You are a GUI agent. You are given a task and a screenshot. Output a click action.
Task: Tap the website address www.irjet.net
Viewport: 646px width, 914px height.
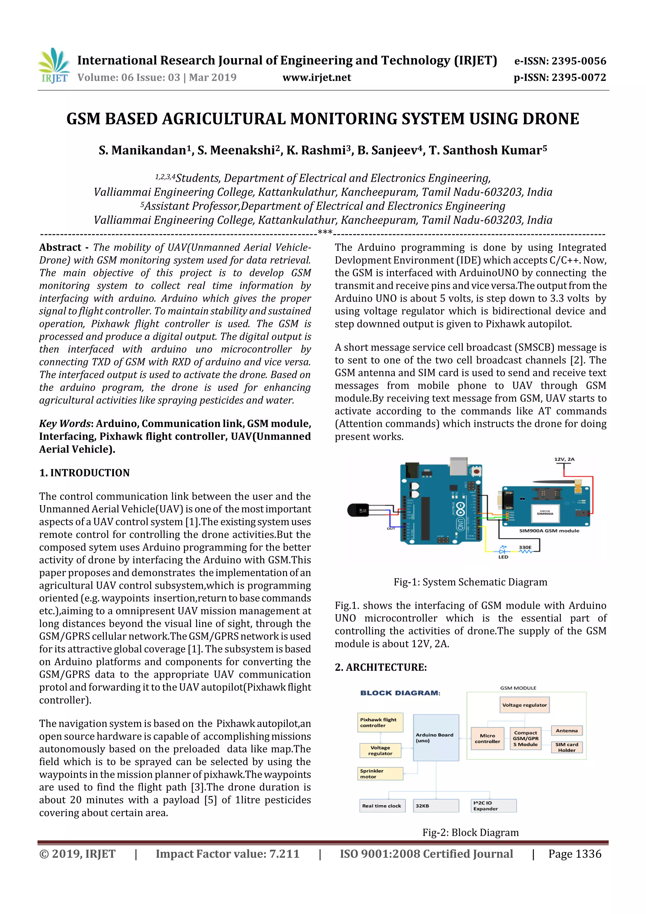coord(316,78)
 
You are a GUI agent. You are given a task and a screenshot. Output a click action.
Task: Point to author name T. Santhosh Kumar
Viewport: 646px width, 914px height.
coord(487,150)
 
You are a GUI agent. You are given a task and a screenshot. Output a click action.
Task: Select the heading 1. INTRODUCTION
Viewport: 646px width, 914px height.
coord(85,473)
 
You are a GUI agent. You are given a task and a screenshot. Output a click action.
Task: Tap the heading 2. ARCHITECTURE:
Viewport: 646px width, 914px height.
coord(380,667)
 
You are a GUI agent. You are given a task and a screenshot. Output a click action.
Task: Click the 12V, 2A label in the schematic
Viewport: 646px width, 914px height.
coord(564,459)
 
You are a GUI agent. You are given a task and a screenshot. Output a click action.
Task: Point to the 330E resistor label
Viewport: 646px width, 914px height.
coord(525,547)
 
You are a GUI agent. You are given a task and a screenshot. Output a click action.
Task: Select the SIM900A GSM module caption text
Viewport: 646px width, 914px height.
coord(549,531)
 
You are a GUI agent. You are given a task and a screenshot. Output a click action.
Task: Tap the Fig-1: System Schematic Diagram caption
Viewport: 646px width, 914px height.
coord(470,582)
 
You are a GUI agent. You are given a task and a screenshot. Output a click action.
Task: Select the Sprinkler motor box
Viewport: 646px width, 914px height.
coord(380,774)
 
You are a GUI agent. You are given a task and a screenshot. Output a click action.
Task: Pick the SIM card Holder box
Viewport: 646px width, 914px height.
coord(567,747)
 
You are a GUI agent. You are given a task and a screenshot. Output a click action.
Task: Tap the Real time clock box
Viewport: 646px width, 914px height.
coord(382,806)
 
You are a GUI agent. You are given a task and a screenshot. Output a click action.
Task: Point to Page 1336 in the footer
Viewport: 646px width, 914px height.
coord(574,854)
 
